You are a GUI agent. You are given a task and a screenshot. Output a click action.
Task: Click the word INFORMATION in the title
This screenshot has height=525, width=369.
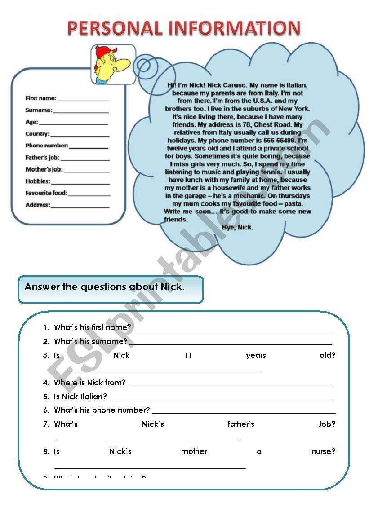[234, 28]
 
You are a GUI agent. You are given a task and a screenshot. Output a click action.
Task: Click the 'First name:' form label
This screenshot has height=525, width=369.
[41, 98]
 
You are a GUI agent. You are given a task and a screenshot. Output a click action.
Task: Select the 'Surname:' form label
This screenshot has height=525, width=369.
[39, 110]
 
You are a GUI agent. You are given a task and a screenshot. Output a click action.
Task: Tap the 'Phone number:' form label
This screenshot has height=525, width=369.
[47, 146]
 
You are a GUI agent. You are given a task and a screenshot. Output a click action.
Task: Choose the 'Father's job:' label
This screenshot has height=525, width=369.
[42, 158]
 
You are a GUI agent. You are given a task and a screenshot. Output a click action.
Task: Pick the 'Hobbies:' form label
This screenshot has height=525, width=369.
[38, 181]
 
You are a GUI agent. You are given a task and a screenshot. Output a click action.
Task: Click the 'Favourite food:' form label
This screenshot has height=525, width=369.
[46, 193]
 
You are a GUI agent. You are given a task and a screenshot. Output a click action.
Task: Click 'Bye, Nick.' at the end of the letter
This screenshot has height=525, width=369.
[237, 227]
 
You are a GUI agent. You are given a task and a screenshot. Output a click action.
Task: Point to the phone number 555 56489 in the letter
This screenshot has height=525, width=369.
[273, 141]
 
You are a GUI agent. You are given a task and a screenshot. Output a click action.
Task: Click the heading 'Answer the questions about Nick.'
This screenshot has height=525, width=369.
[105, 287]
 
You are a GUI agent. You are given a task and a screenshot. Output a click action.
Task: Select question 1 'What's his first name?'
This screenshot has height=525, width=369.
[93, 327]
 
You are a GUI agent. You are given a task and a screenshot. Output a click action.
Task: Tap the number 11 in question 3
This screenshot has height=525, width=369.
[187, 355]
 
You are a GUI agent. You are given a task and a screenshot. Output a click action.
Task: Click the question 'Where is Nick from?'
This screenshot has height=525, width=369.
[90, 383]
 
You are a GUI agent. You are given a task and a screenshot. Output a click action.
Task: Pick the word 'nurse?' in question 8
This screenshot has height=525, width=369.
[323, 451]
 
